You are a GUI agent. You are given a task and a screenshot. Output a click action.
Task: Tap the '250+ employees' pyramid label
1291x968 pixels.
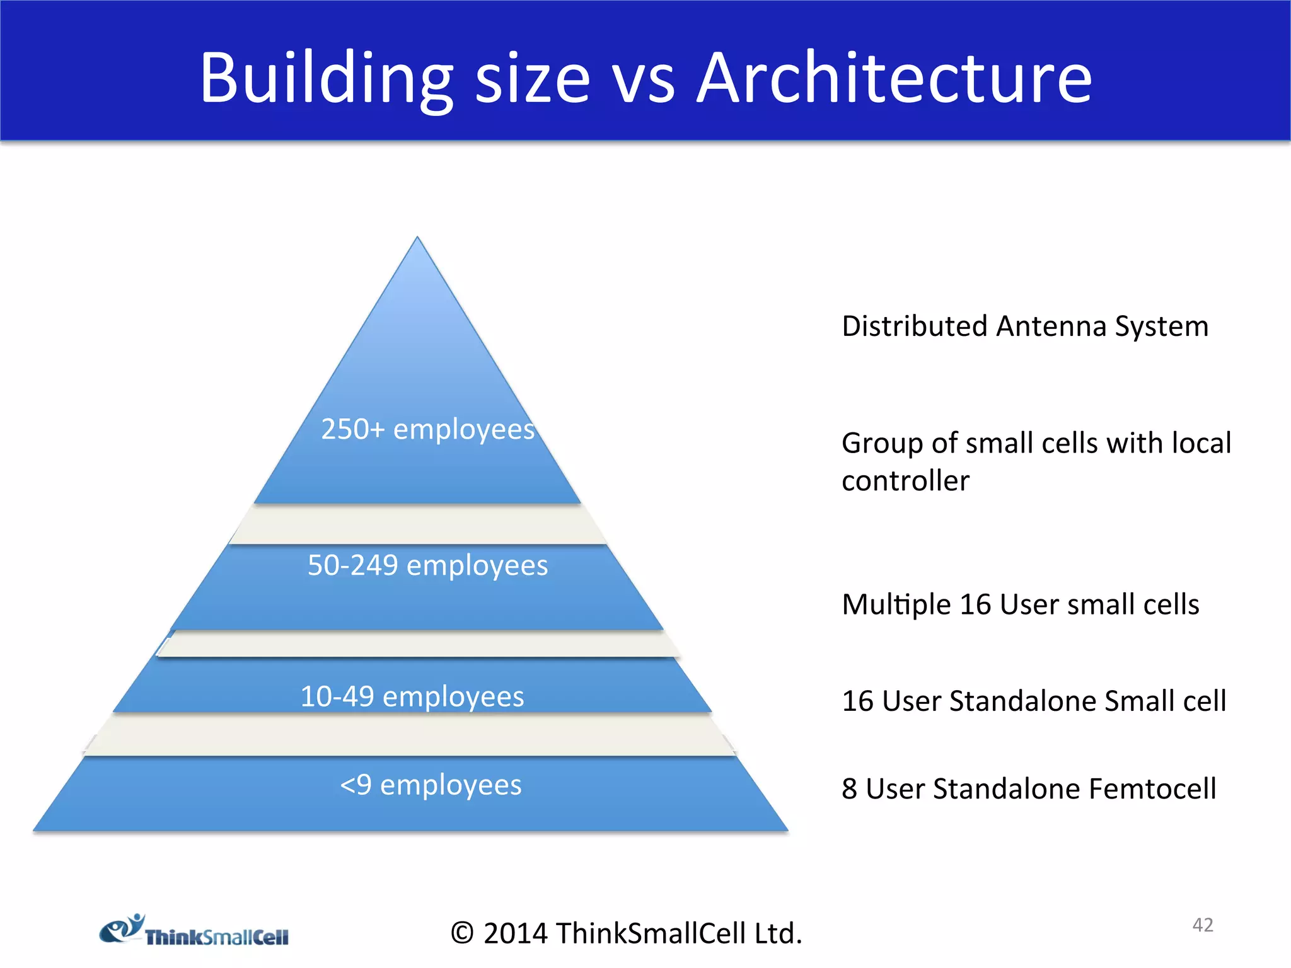click(x=427, y=429)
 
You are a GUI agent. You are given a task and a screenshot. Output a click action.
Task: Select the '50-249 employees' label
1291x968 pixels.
click(x=427, y=565)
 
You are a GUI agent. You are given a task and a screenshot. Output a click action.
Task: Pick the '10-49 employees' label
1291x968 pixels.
click(x=412, y=696)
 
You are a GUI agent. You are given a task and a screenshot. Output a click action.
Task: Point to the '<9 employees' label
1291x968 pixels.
click(x=431, y=785)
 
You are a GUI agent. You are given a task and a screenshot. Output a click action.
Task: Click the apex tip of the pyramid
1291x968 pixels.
click(x=417, y=240)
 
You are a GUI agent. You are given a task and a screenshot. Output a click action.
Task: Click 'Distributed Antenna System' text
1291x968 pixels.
click(x=1025, y=326)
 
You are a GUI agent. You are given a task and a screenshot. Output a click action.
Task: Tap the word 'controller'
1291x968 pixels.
click(x=905, y=481)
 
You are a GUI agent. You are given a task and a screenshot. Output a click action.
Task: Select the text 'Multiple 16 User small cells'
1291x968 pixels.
click(x=1020, y=604)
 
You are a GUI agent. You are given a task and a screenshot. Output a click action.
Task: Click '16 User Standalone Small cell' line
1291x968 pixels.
click(x=1034, y=701)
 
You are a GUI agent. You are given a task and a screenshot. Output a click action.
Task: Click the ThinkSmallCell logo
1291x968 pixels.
click(x=194, y=931)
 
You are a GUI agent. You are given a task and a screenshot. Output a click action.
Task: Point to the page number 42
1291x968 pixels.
click(x=1203, y=925)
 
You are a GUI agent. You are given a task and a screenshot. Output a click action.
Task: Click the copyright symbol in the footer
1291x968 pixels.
click(x=462, y=933)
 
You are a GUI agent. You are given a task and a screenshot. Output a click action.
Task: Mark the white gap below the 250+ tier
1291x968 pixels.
click(x=417, y=524)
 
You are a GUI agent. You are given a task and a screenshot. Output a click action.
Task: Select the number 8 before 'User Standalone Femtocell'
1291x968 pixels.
click(x=849, y=789)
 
